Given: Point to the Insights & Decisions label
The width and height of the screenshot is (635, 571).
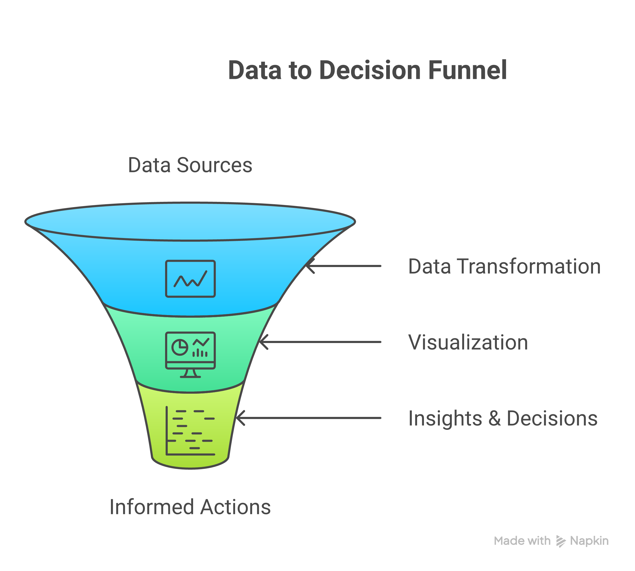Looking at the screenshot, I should [x=503, y=418].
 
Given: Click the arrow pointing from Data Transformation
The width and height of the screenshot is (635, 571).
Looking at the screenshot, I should [x=344, y=266].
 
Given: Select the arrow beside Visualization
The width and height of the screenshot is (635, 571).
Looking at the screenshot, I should [x=320, y=342].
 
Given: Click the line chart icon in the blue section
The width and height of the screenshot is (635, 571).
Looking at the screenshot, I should [x=190, y=279].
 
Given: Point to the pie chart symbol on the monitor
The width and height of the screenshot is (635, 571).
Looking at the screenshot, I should [x=180, y=347].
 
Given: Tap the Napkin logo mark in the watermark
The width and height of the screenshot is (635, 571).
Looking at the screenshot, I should [x=561, y=541].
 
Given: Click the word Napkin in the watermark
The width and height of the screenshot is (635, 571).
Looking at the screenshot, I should [x=589, y=541].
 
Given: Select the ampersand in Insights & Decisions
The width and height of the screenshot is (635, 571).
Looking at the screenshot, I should [x=494, y=418].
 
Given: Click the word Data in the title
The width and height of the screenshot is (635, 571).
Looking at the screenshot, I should [x=254, y=70].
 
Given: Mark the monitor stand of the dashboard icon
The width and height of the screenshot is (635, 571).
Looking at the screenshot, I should [x=190, y=373].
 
